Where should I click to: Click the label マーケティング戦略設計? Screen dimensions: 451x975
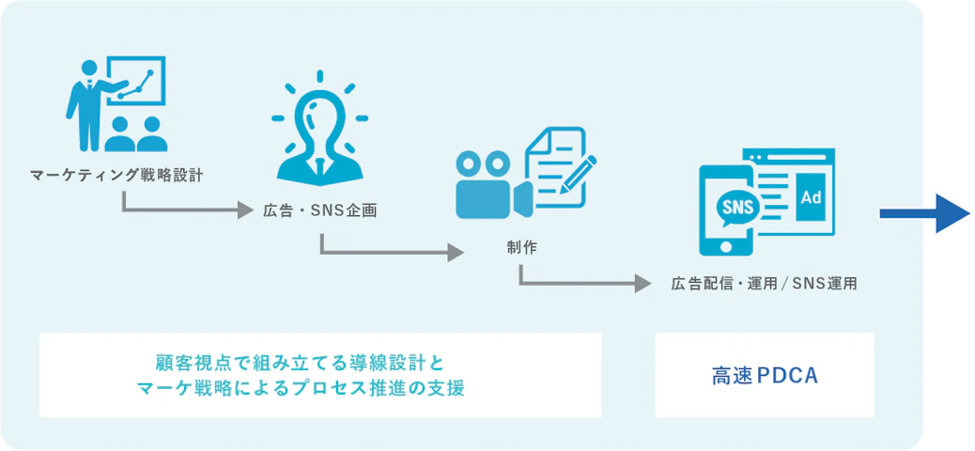click(116, 174)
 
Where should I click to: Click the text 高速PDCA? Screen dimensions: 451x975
click(765, 376)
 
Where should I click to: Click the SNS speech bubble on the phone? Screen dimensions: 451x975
click(735, 208)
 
